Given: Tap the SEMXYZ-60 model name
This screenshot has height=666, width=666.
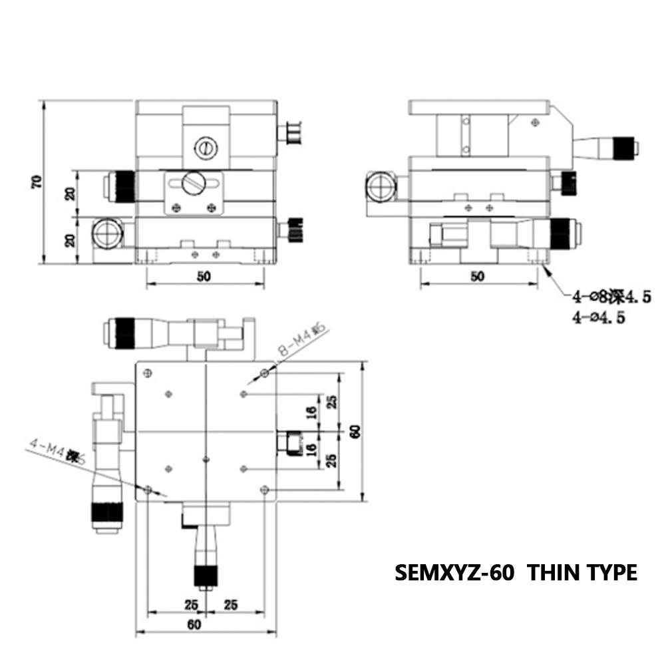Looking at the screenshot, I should coord(454,572).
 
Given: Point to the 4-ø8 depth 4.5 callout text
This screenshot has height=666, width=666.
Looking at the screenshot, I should coord(600,297).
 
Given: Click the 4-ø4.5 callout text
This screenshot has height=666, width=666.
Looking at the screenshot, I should coord(599,317).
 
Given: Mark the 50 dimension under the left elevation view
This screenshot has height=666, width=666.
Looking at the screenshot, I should coord(204,277).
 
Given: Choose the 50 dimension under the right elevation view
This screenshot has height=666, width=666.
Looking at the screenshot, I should coord(477,277).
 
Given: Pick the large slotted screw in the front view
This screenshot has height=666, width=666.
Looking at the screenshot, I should coord(194,181).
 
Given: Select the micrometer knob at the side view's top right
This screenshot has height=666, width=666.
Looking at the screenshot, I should coord(623,146).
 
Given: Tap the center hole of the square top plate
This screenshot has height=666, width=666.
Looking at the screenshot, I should coord(207,458).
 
